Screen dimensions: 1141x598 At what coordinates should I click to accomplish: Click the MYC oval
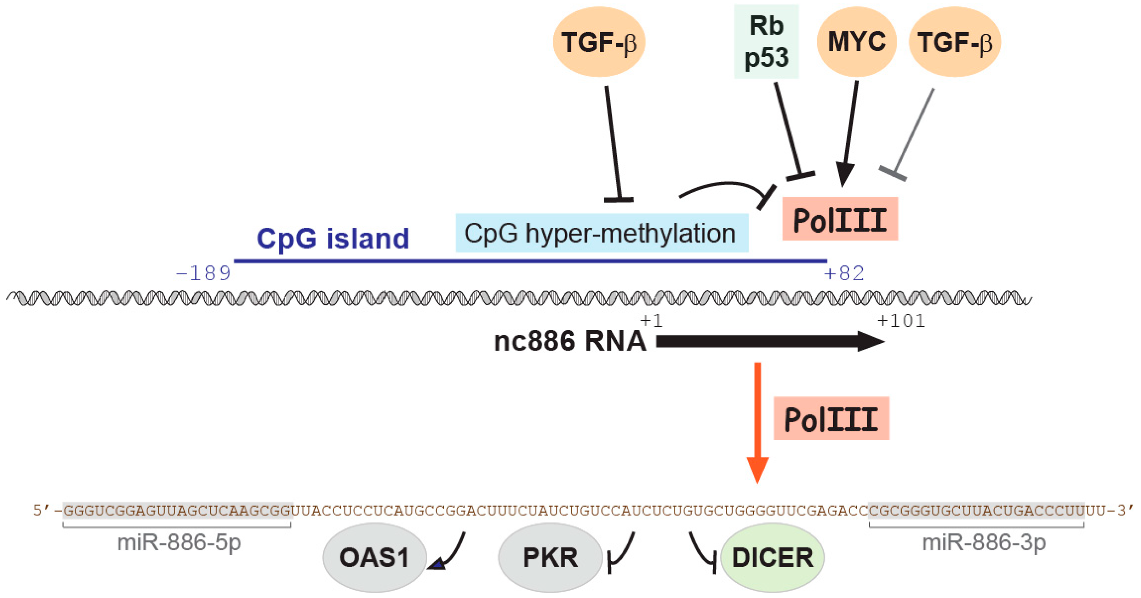(857, 42)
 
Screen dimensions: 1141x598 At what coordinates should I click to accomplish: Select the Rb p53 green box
(766, 42)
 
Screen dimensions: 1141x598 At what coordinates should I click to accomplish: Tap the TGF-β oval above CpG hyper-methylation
(599, 42)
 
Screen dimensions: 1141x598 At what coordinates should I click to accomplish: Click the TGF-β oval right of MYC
(955, 42)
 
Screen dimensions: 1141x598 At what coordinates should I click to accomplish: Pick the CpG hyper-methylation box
(602, 233)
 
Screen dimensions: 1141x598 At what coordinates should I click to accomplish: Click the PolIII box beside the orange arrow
(831, 418)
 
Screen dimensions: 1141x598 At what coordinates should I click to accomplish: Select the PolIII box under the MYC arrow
(840, 219)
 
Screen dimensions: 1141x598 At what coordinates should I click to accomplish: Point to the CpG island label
(333, 238)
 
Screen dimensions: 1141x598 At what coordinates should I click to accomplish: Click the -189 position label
(203, 273)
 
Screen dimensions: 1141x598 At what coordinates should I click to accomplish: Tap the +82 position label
(844, 273)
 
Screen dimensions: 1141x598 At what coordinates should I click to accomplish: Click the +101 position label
(901, 320)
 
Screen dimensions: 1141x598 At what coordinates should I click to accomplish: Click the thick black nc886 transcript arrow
(770, 341)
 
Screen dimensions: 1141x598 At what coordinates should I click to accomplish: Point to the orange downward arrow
(757, 423)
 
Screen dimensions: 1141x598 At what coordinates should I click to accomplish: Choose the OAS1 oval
(375, 557)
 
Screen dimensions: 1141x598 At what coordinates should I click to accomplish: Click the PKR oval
(550, 557)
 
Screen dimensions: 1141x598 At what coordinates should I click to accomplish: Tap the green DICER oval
(772, 557)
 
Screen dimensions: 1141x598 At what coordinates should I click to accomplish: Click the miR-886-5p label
(179, 543)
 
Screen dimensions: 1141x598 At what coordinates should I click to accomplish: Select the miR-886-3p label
(984, 543)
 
